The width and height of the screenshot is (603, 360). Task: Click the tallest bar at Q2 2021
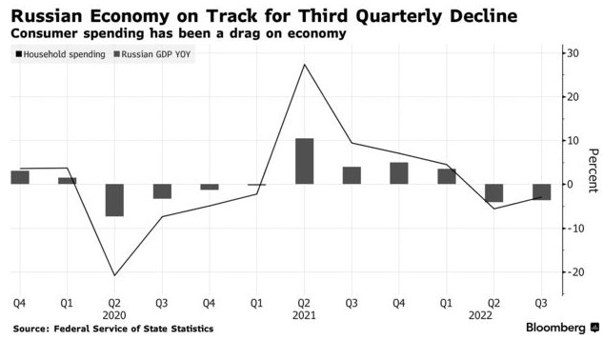coord(304,161)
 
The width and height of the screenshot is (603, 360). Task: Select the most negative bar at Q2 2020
coord(114,200)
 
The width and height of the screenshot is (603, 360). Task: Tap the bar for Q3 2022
coord(541,191)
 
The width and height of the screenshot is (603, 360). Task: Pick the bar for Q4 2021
coord(399,173)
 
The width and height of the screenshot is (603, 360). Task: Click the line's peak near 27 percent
coord(304,65)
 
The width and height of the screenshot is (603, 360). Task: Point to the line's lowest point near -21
coord(114,275)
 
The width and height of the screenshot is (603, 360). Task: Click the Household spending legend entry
coord(62,55)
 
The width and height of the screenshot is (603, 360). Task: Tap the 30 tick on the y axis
coord(575,53)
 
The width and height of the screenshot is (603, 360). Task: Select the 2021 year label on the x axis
coord(304,314)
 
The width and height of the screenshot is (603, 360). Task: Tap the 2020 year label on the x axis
coord(114,314)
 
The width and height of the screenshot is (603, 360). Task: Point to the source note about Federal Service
coord(113,329)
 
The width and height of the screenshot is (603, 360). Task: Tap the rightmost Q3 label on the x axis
coord(541,303)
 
